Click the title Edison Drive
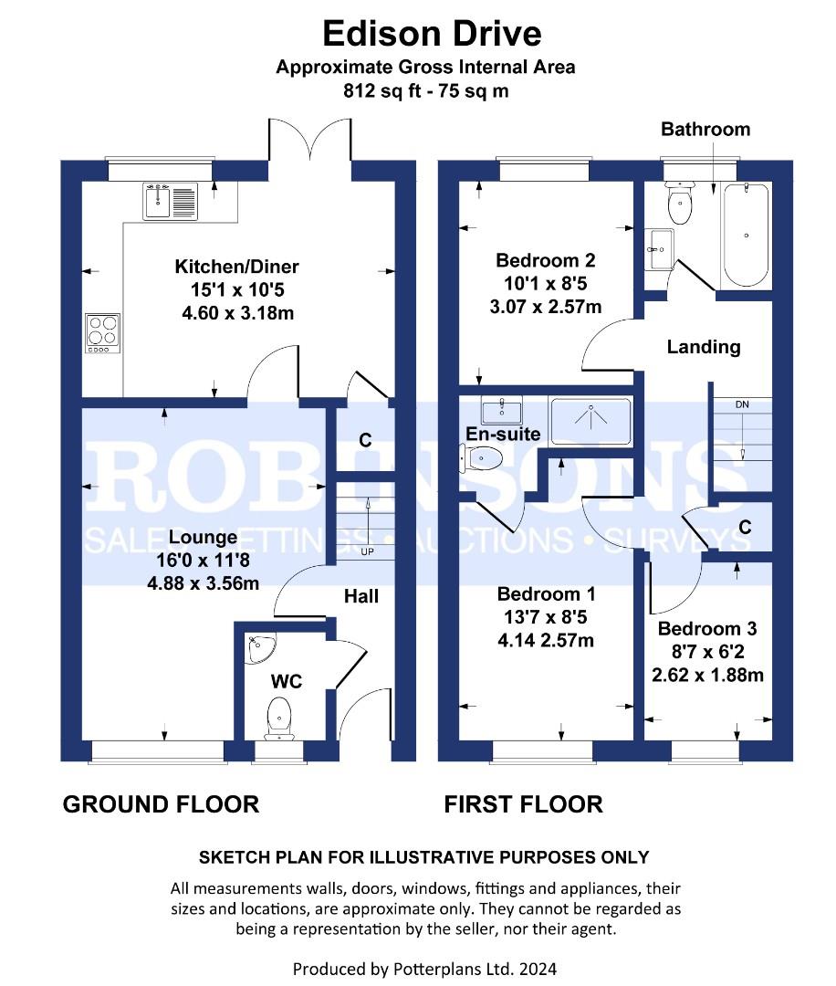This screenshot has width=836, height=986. [432, 34]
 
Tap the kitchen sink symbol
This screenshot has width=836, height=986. [170, 202]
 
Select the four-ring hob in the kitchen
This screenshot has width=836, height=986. [102, 332]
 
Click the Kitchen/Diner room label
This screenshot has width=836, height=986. [236, 267]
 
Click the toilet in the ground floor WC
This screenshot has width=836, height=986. [277, 717]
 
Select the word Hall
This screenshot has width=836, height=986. [361, 596]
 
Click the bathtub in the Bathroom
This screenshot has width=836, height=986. [747, 235]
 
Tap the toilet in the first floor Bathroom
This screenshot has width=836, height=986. [680, 205]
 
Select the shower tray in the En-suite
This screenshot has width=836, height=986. [590, 420]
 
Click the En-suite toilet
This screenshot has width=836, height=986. [484, 457]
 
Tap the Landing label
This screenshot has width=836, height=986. [703, 347]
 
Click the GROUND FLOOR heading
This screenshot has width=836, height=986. [161, 804]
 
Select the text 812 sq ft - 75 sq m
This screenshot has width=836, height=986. [425, 90]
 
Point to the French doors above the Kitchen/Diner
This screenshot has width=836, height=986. [309, 142]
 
